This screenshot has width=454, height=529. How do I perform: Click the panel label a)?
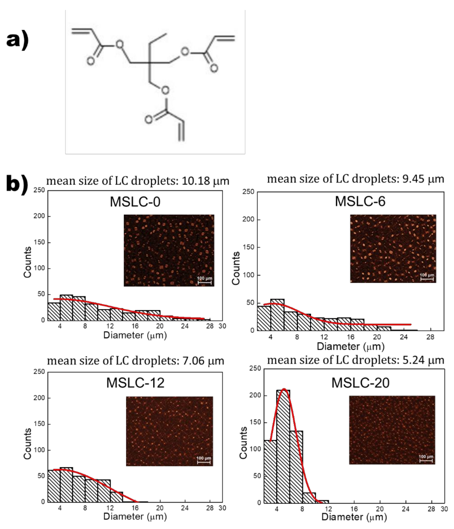click(17, 40)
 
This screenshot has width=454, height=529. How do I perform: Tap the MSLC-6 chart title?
click(360, 201)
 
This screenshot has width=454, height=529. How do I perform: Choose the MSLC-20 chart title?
click(360, 383)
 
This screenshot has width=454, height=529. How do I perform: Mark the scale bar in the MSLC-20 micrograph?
click(426, 461)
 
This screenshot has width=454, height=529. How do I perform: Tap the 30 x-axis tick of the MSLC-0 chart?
click(222, 326)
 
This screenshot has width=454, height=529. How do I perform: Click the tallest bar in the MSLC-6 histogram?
click(277, 315)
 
